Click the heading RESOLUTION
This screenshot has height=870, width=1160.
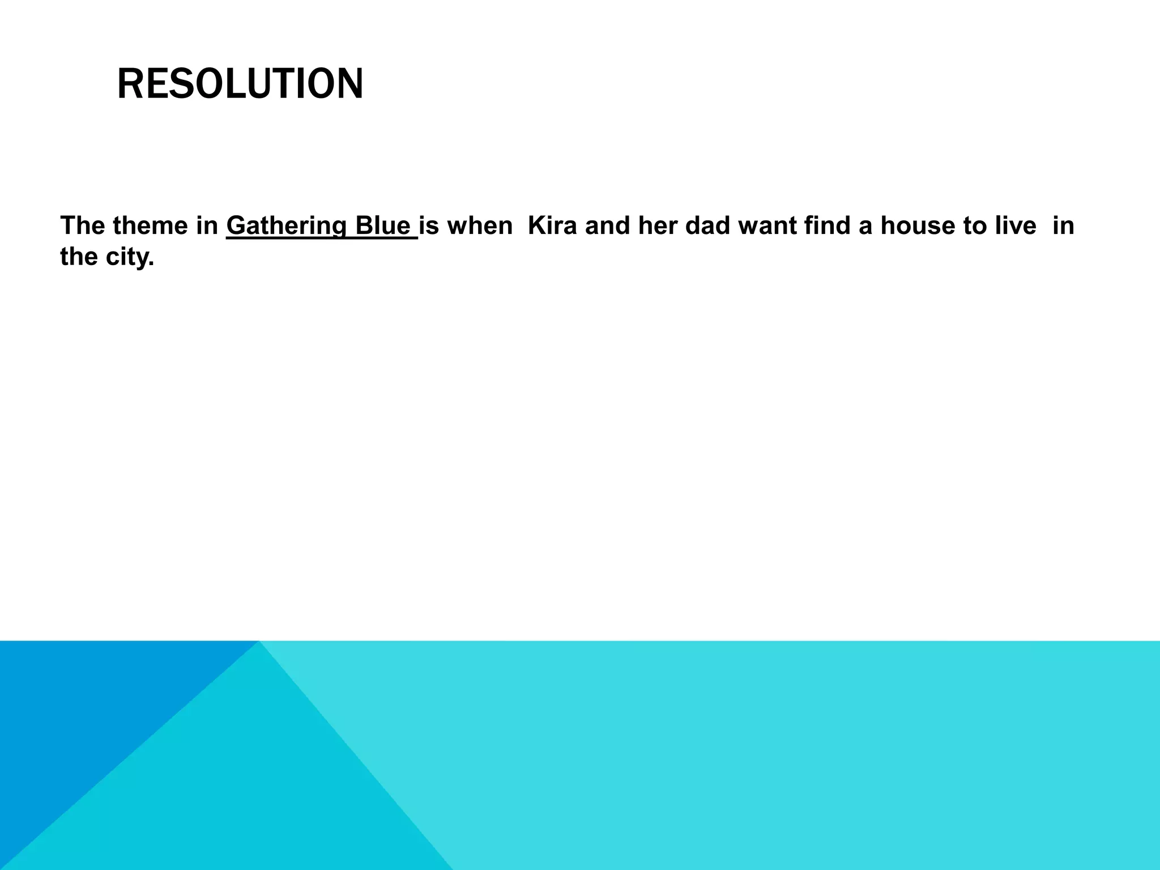240,84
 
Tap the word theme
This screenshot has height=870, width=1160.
148,226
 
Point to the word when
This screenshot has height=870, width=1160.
480,226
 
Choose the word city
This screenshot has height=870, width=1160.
130,258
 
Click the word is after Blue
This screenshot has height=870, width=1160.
429,226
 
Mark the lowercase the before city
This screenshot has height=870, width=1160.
79,258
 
